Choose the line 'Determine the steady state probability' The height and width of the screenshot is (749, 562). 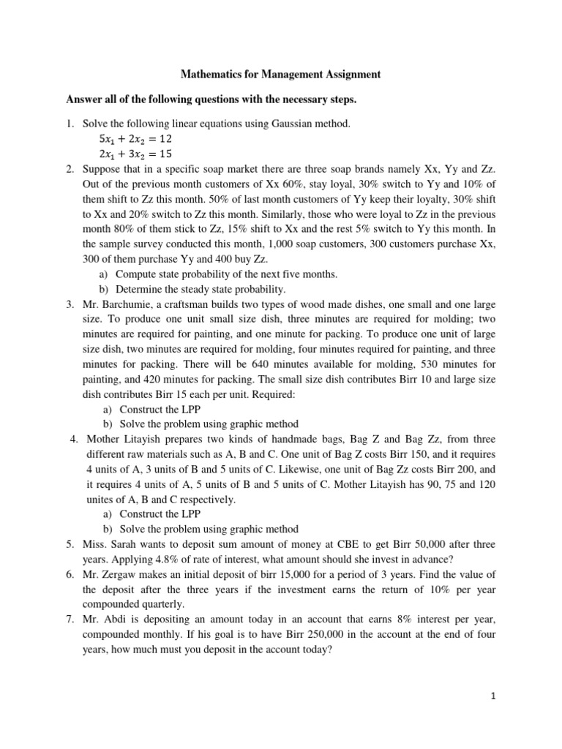[202, 289]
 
